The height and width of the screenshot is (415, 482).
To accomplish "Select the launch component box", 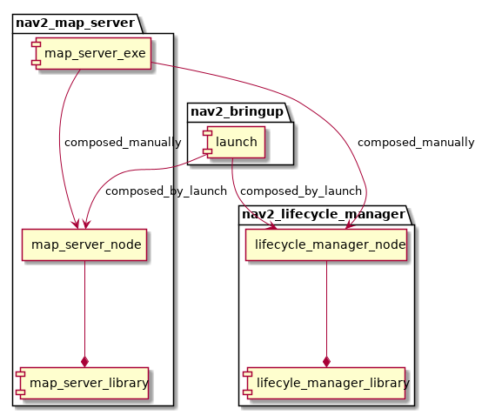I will pos(232,143).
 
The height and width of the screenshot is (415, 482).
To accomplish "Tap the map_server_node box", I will pos(84,245).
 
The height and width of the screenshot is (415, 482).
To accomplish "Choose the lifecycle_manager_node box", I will pos(326,245).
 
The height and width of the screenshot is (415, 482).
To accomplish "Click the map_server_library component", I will pos(83,382).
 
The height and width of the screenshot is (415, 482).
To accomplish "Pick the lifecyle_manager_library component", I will pos(326,382).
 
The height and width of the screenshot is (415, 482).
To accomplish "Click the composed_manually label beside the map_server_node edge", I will pos(123,142).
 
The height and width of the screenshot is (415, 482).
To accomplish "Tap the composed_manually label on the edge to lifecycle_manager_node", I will pos(416,142).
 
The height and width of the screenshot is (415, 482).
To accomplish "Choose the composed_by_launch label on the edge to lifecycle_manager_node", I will pos(301,191).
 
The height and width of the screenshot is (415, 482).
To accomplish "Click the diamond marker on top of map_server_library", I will pos(84,361).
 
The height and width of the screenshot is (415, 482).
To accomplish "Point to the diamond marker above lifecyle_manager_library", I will pos(326,361).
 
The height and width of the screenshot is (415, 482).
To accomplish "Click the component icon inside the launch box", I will pos(207,143).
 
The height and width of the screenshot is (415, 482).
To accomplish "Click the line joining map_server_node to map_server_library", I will pos(84,305).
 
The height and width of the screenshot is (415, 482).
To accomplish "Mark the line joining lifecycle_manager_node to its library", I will pos(326,305).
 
